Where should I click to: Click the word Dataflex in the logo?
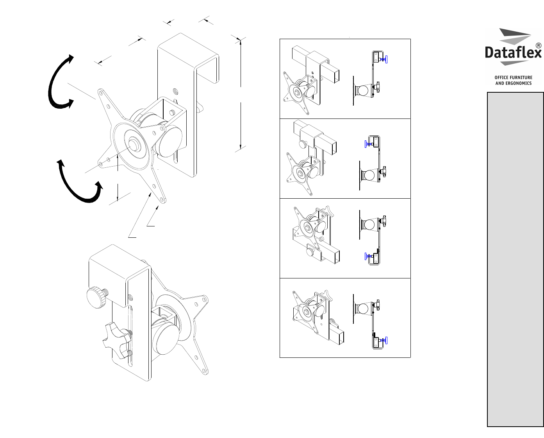coord(513,53)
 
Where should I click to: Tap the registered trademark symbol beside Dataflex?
coord(539,46)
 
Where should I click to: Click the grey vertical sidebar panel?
coord(515,259)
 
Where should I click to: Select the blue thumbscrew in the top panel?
coord(383,59)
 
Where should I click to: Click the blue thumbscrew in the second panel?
coord(369,144)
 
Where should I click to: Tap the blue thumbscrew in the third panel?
coord(369,256)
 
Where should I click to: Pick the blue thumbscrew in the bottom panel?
coord(383,341)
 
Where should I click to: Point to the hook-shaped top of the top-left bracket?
coord(188,57)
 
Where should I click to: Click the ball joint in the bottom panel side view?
coord(363,309)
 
